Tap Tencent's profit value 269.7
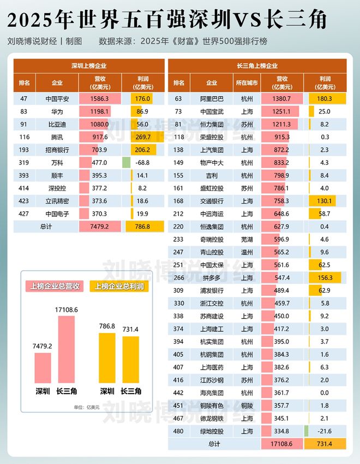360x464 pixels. (x=143, y=136)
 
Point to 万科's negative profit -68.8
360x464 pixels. (x=143, y=162)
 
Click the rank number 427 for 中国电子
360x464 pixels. (x=24, y=212)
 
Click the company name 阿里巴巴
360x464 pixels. (x=212, y=99)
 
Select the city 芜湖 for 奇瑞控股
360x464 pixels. (x=247, y=239)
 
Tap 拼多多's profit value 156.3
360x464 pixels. (x=325, y=277)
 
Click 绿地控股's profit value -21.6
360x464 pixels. (x=325, y=430)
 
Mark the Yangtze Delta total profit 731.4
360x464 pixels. (x=325, y=444)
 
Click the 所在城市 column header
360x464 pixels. (x=247, y=83)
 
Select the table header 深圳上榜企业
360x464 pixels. (x=89, y=66)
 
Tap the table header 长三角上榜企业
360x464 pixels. (x=257, y=66)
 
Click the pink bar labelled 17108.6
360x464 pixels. (x=66, y=350)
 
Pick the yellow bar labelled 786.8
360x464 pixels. (x=107, y=358)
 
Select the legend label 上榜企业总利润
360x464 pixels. (x=119, y=286)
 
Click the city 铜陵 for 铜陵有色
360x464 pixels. (x=247, y=405)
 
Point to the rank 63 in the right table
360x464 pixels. (x=178, y=99)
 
